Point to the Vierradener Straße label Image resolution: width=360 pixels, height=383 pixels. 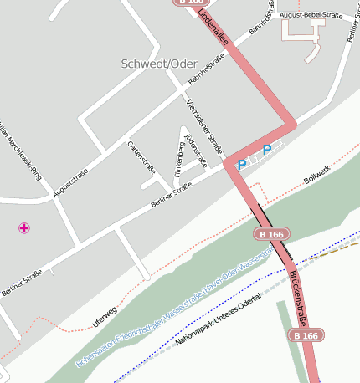point(203,121)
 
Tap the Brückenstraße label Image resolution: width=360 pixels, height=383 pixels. point(299,298)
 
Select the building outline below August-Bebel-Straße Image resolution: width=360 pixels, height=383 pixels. point(302,33)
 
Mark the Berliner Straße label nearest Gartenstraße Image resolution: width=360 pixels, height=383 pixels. point(171,197)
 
